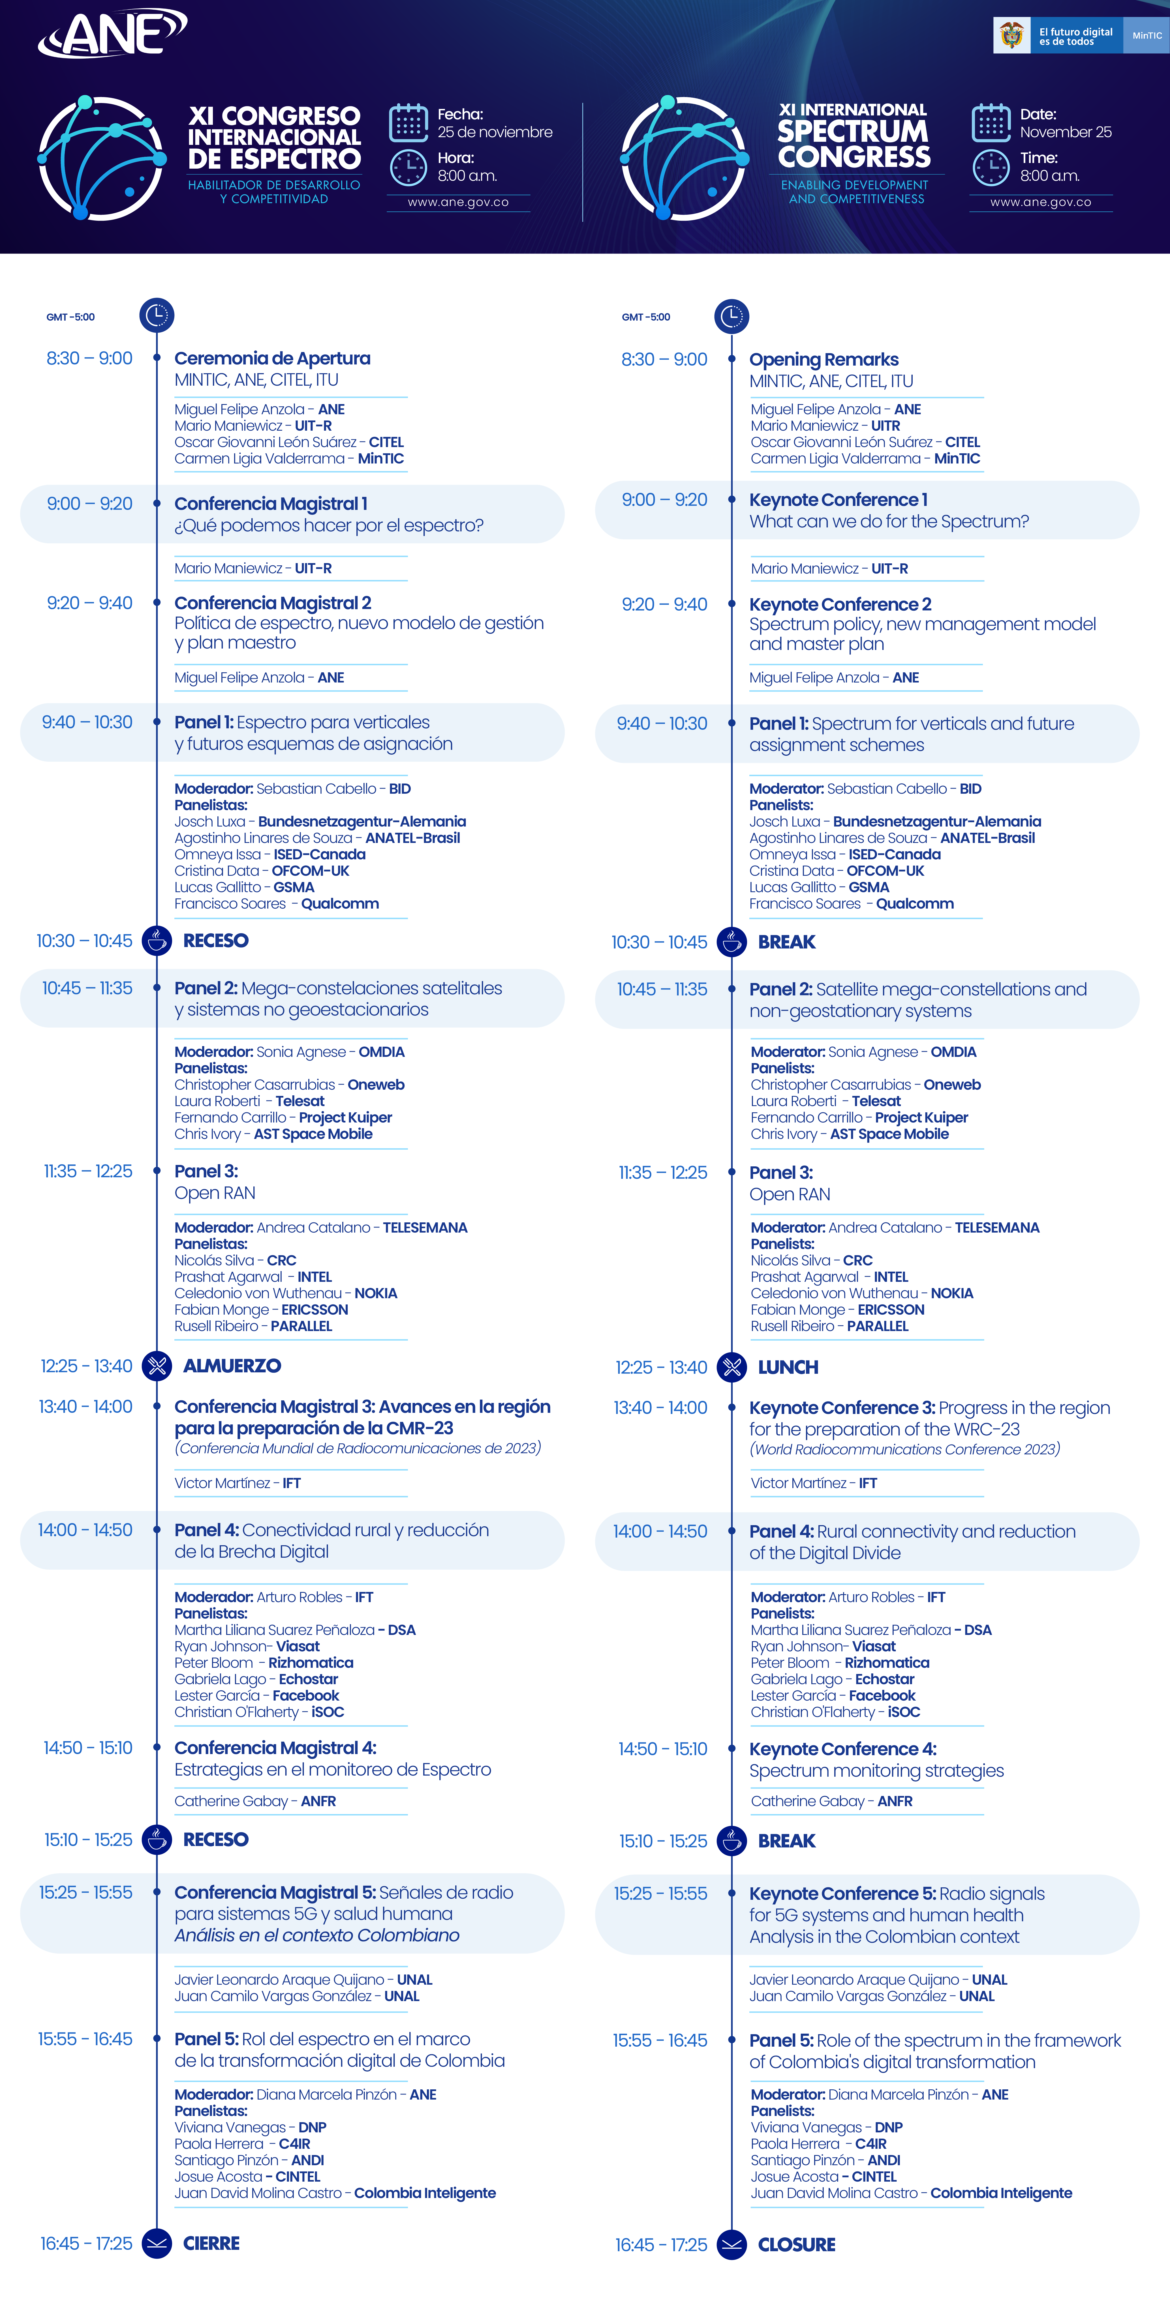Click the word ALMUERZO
coord(232,1366)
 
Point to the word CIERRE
coord(211,2243)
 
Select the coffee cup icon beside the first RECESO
coord(157,940)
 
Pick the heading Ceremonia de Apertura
coord(272,358)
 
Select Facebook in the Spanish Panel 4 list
coord(306,1695)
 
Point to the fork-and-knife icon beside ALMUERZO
coord(157,1366)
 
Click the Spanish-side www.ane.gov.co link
coord(458,203)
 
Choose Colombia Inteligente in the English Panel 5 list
coord(1001,2193)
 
